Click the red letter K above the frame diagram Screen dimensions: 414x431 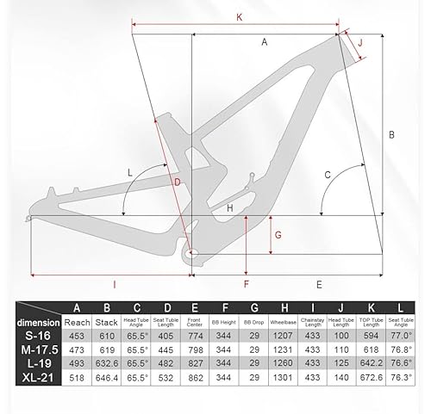click(238, 16)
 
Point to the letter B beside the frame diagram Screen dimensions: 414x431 click(390, 135)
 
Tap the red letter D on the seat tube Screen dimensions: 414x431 click(175, 183)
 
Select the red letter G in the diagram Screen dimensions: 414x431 click(277, 234)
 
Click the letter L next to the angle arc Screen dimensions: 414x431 click(130, 172)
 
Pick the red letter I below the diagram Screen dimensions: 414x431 click(114, 282)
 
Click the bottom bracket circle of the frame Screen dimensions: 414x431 click(191, 254)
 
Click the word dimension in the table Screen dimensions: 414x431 click(39, 322)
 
